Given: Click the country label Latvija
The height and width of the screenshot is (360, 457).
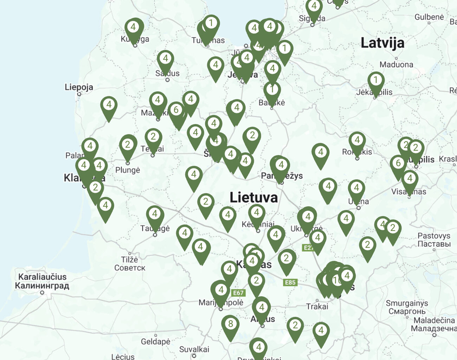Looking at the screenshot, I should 382,43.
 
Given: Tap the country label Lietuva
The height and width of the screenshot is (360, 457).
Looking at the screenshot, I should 253,198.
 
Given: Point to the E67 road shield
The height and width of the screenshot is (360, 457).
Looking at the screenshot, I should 238,292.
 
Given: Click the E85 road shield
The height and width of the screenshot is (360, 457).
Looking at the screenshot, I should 290,282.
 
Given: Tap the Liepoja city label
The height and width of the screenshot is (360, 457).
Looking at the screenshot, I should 79,87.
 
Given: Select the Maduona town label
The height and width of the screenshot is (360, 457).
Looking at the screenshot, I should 396,64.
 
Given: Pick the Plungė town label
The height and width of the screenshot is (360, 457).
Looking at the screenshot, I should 128,170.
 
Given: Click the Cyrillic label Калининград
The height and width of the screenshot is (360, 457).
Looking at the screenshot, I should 42,285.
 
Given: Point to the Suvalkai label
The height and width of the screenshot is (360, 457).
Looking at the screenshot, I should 194,349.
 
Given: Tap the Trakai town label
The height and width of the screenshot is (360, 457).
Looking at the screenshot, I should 317,307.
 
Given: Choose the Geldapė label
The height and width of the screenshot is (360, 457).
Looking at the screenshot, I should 155,341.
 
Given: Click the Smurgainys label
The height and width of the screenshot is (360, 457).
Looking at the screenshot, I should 407,303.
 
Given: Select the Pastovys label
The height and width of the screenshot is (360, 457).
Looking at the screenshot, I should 434,236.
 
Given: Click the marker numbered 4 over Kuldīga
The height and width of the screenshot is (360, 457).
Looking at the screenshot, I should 133,28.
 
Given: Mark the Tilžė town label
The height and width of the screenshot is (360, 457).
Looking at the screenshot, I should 129,260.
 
